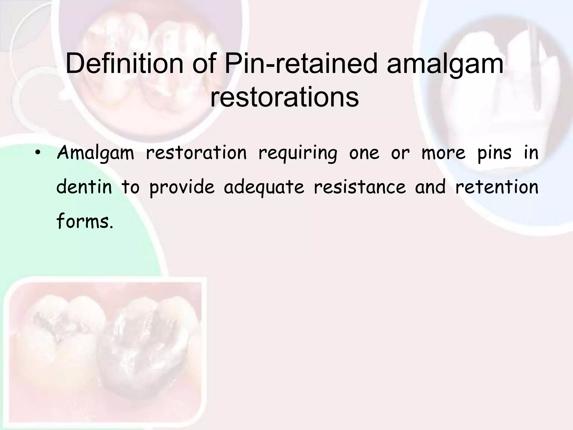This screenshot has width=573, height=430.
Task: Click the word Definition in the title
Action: (x=124, y=64)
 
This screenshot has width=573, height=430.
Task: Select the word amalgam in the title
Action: (x=445, y=64)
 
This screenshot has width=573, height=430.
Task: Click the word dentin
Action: (x=84, y=187)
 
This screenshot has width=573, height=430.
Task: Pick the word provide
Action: (x=182, y=187)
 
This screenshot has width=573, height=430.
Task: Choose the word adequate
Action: (x=264, y=187)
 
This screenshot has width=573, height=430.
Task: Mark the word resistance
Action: (x=360, y=187)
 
